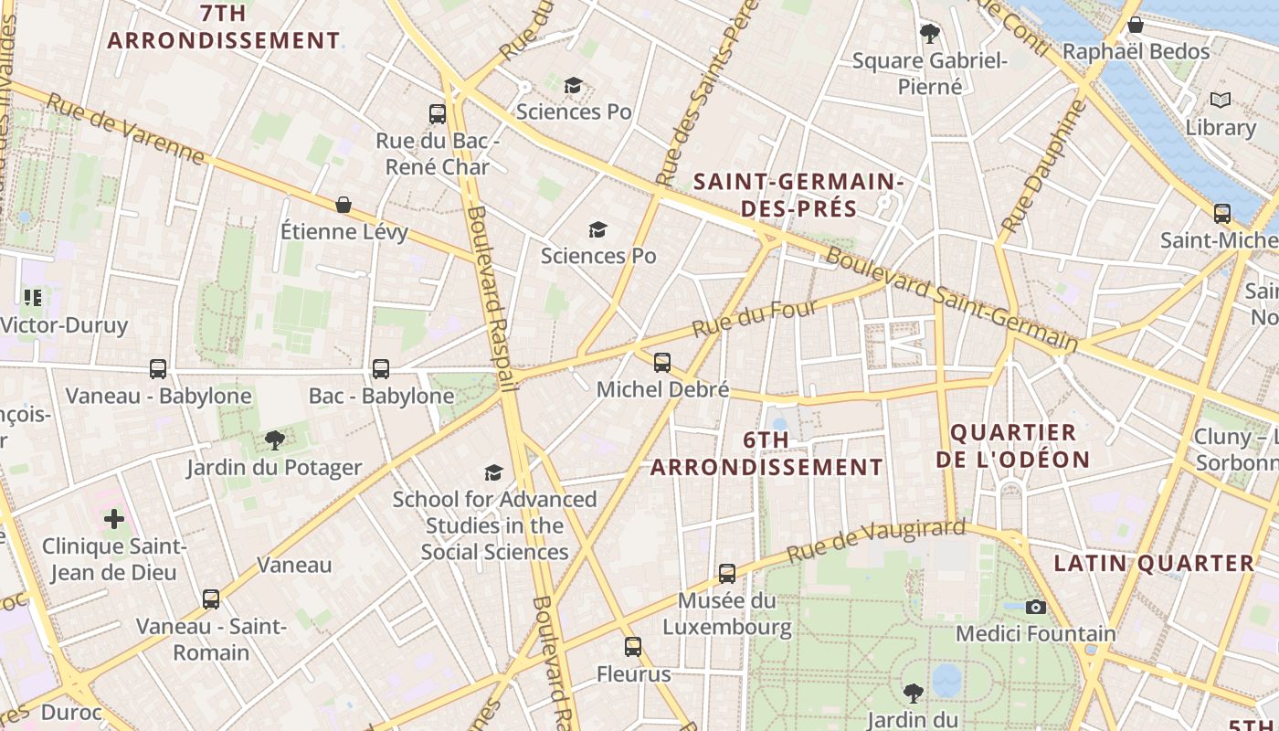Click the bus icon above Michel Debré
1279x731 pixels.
pos(662,363)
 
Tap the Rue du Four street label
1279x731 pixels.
pos(754,318)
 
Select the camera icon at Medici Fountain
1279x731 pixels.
pos(1035,607)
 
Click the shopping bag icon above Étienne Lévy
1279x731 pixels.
pos(344,204)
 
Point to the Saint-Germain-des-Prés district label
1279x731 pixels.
pos(798,195)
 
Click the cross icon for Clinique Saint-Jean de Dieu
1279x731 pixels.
pos(114,519)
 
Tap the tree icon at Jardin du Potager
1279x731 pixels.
pos(274,440)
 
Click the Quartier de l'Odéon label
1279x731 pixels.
pos(1013,445)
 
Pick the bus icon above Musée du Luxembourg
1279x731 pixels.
pos(727,574)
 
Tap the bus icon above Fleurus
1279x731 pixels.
pos(633,647)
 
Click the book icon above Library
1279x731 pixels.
pos(1220,100)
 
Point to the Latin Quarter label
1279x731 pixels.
pos(1155,563)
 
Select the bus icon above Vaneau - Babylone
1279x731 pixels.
pos(158,369)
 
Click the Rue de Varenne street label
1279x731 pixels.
pos(125,129)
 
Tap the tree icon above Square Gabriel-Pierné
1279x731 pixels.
pos(930,34)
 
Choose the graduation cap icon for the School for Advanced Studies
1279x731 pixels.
pos(493,472)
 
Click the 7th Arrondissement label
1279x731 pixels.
pos(224,27)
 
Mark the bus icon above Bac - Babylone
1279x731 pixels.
pos(381,369)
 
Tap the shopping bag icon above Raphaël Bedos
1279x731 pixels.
pos(1136,25)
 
